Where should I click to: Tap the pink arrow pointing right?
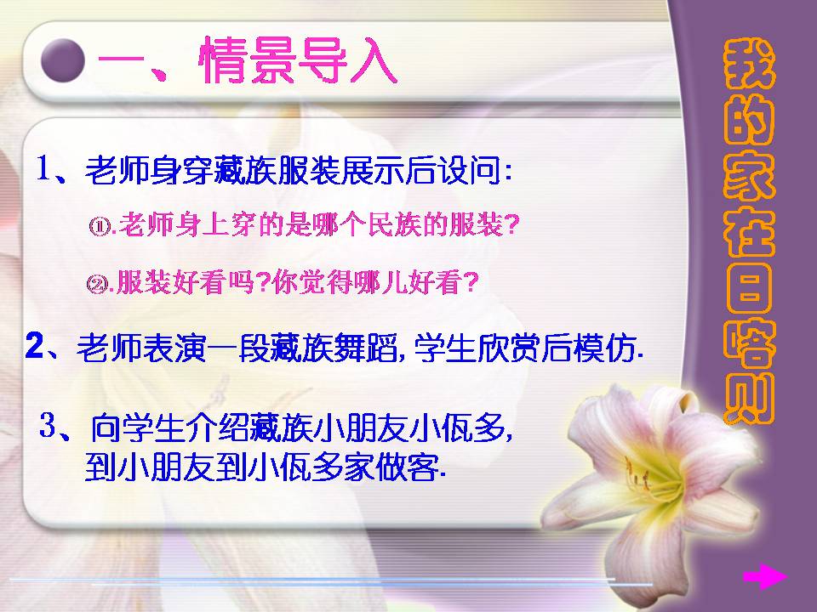763,578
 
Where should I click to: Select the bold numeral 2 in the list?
34,347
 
